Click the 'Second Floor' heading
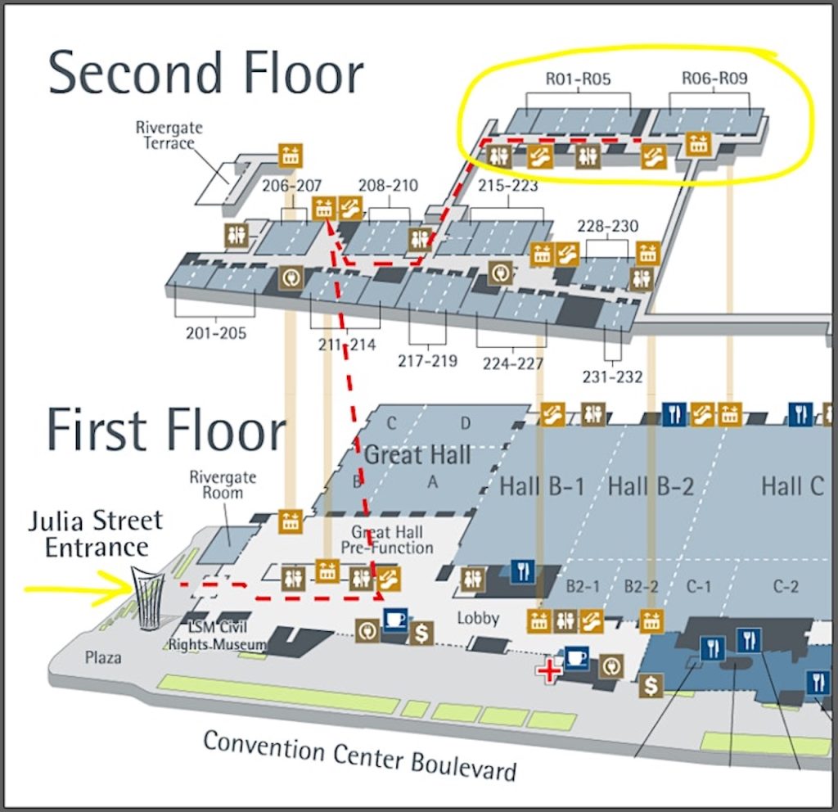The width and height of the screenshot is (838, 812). coord(205,74)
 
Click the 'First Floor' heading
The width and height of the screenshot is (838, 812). coord(166,429)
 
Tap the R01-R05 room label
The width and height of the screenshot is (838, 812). coord(578,79)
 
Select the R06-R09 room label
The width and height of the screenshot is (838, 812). coord(714,79)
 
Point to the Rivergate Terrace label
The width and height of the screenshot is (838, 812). coord(169,136)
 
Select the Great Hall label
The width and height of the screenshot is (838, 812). coord(417,454)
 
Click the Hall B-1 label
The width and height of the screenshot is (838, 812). coord(543,487)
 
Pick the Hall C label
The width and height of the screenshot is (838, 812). coord(792,486)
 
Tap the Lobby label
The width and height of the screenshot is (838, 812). coord(478,618)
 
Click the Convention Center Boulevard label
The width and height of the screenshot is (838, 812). coord(360,755)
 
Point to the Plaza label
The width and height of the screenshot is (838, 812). coord(103,656)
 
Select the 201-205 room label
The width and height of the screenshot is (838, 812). coord(216,333)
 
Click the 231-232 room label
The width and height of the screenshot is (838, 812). coord(613,377)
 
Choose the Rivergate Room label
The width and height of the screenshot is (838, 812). coord(223,485)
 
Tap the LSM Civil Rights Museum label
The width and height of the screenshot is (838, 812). coord(218,636)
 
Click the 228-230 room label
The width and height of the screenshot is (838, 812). coord(608,226)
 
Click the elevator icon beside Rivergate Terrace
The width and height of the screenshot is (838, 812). coord(291,155)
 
